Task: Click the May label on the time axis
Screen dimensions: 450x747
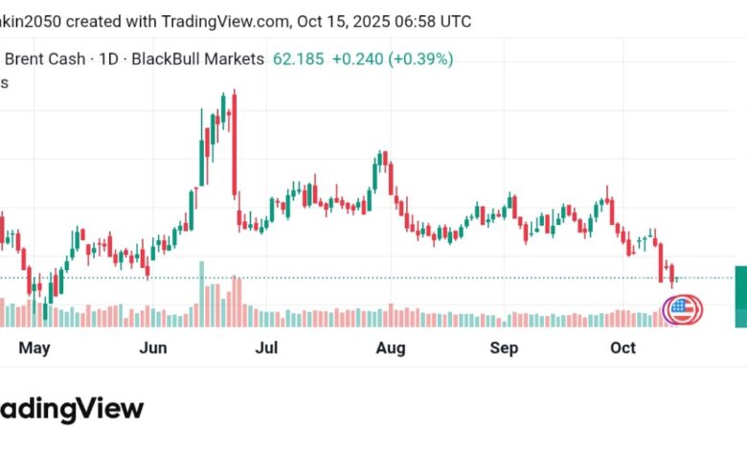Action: click(34, 349)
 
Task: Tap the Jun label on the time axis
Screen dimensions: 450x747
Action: click(153, 349)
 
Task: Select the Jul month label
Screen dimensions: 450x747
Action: click(268, 349)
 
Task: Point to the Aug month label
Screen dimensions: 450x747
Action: click(389, 349)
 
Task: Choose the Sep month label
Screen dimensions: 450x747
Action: click(505, 349)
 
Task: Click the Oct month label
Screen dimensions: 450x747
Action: click(623, 349)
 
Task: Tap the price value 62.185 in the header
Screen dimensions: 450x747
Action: click(297, 58)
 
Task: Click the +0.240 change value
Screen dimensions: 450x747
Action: click(356, 58)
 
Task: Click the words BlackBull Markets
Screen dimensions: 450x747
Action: click(197, 58)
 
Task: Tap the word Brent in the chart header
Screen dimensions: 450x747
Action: click(24, 58)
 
